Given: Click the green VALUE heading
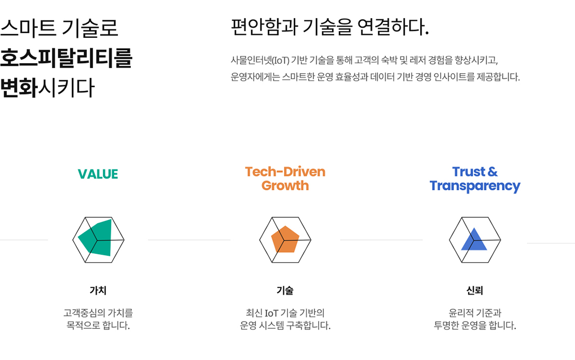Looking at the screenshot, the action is tap(98, 174).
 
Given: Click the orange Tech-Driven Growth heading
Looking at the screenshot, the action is tap(285, 178).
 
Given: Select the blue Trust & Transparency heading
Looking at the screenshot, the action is tap(475, 179).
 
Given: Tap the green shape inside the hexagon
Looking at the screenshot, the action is tap(95, 238).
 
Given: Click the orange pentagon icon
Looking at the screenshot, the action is tap(285, 239).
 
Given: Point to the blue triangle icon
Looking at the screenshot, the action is tap(474, 240).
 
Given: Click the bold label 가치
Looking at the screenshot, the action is tap(98, 290).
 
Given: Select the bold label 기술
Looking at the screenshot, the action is tap(285, 290).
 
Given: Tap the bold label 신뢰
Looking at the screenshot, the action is tap(474, 290).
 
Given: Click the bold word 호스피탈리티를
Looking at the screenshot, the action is tap(66, 58).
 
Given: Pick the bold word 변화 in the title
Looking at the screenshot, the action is tap(19, 88).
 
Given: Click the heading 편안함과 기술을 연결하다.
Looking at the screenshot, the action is tap(330, 27).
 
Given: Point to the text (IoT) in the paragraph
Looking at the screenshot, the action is tap(281, 60).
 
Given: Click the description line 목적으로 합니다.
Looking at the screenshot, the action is tap(98, 325).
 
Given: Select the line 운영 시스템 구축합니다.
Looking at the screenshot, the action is tap(285, 325).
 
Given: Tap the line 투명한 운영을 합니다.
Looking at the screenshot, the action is tap(475, 325).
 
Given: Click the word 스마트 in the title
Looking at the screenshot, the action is tap(28, 28).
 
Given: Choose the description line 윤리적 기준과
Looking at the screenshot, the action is tap(475, 313).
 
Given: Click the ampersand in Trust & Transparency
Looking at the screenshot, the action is tap(492, 172).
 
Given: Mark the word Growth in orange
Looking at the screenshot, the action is tap(285, 186).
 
